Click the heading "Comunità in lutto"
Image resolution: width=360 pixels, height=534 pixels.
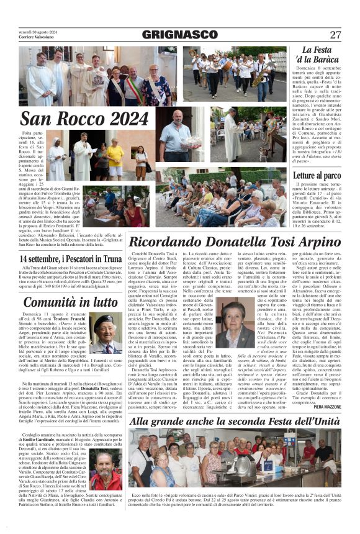[x=69, y=302]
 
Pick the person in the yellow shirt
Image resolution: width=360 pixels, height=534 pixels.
[x=115, y=158]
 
